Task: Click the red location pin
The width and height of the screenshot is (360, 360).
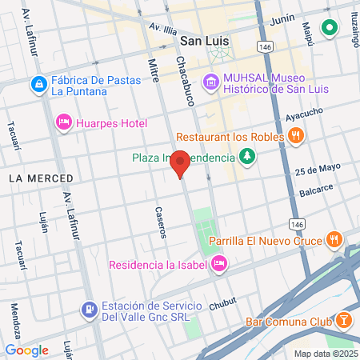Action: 181,163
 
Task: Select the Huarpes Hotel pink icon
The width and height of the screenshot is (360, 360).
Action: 63,122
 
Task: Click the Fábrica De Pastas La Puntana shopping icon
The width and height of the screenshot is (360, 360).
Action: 38,83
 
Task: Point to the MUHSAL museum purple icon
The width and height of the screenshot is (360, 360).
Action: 210,81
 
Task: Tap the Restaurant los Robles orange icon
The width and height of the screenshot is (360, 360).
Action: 297,136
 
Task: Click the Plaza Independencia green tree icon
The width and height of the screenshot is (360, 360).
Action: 247,157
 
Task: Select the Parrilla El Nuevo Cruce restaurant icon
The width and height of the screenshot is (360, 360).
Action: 334,239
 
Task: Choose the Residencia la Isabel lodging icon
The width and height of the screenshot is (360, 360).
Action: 219,264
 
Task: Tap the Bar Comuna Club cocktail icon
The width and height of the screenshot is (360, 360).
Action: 343,319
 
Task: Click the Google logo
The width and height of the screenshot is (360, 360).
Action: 26,350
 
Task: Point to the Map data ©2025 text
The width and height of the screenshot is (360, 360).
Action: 325,354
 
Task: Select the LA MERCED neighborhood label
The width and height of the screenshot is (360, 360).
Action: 41,178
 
